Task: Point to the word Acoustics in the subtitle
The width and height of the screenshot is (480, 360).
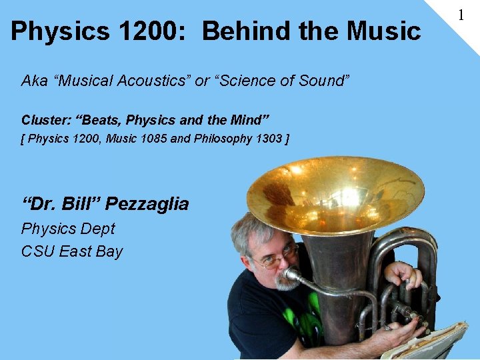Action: [153, 81]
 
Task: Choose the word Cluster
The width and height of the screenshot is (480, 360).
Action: [46, 121]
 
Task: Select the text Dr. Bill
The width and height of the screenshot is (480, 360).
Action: [61, 204]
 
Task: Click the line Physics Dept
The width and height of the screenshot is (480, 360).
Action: [68, 229]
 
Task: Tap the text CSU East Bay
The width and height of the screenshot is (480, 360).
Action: [72, 251]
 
